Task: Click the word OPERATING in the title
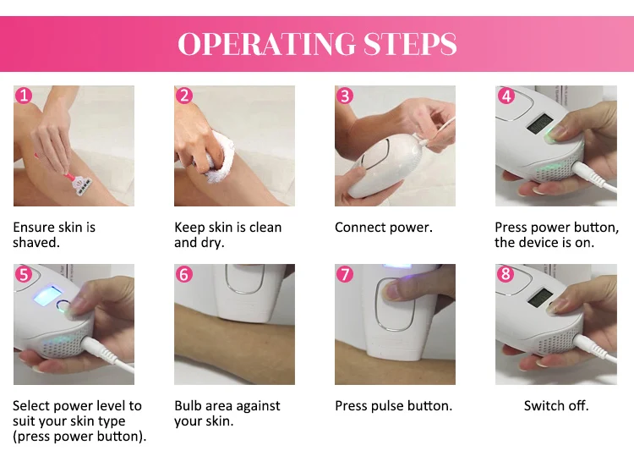click(266, 43)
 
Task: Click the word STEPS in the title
click(410, 43)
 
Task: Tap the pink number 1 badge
click(24, 96)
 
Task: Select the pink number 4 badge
click(506, 96)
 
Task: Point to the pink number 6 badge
click(184, 274)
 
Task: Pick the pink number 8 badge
click(506, 274)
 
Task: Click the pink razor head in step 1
click(82, 186)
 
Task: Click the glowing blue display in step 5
click(47, 295)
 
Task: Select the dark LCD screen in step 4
click(540, 124)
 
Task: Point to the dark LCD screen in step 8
click(540, 299)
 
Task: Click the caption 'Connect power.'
click(383, 228)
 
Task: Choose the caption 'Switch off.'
click(556, 405)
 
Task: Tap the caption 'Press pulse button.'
click(393, 406)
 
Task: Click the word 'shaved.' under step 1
click(36, 243)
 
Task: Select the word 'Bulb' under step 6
click(189, 405)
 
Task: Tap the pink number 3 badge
click(345, 96)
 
